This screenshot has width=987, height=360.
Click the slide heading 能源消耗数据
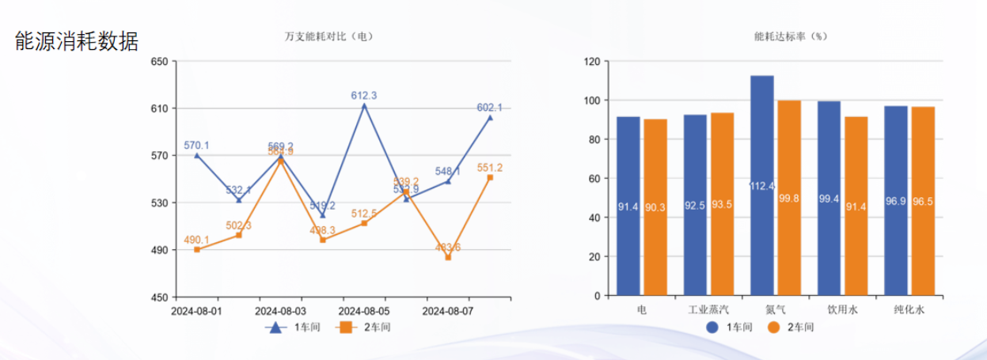(x=77, y=41)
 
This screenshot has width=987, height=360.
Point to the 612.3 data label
(x=364, y=96)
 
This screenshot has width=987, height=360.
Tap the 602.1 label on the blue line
(x=489, y=108)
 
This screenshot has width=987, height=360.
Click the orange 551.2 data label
(x=489, y=168)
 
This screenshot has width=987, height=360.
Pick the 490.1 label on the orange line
(x=196, y=240)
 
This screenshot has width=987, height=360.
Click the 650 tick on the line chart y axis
(x=158, y=61)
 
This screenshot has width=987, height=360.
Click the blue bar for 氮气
(x=761, y=186)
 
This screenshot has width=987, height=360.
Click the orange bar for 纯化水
(x=922, y=201)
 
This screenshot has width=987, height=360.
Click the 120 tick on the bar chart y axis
(x=590, y=61)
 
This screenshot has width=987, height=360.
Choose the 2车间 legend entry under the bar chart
(x=792, y=327)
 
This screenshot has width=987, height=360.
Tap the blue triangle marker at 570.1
(x=197, y=155)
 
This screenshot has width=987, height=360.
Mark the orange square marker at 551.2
(x=490, y=177)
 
